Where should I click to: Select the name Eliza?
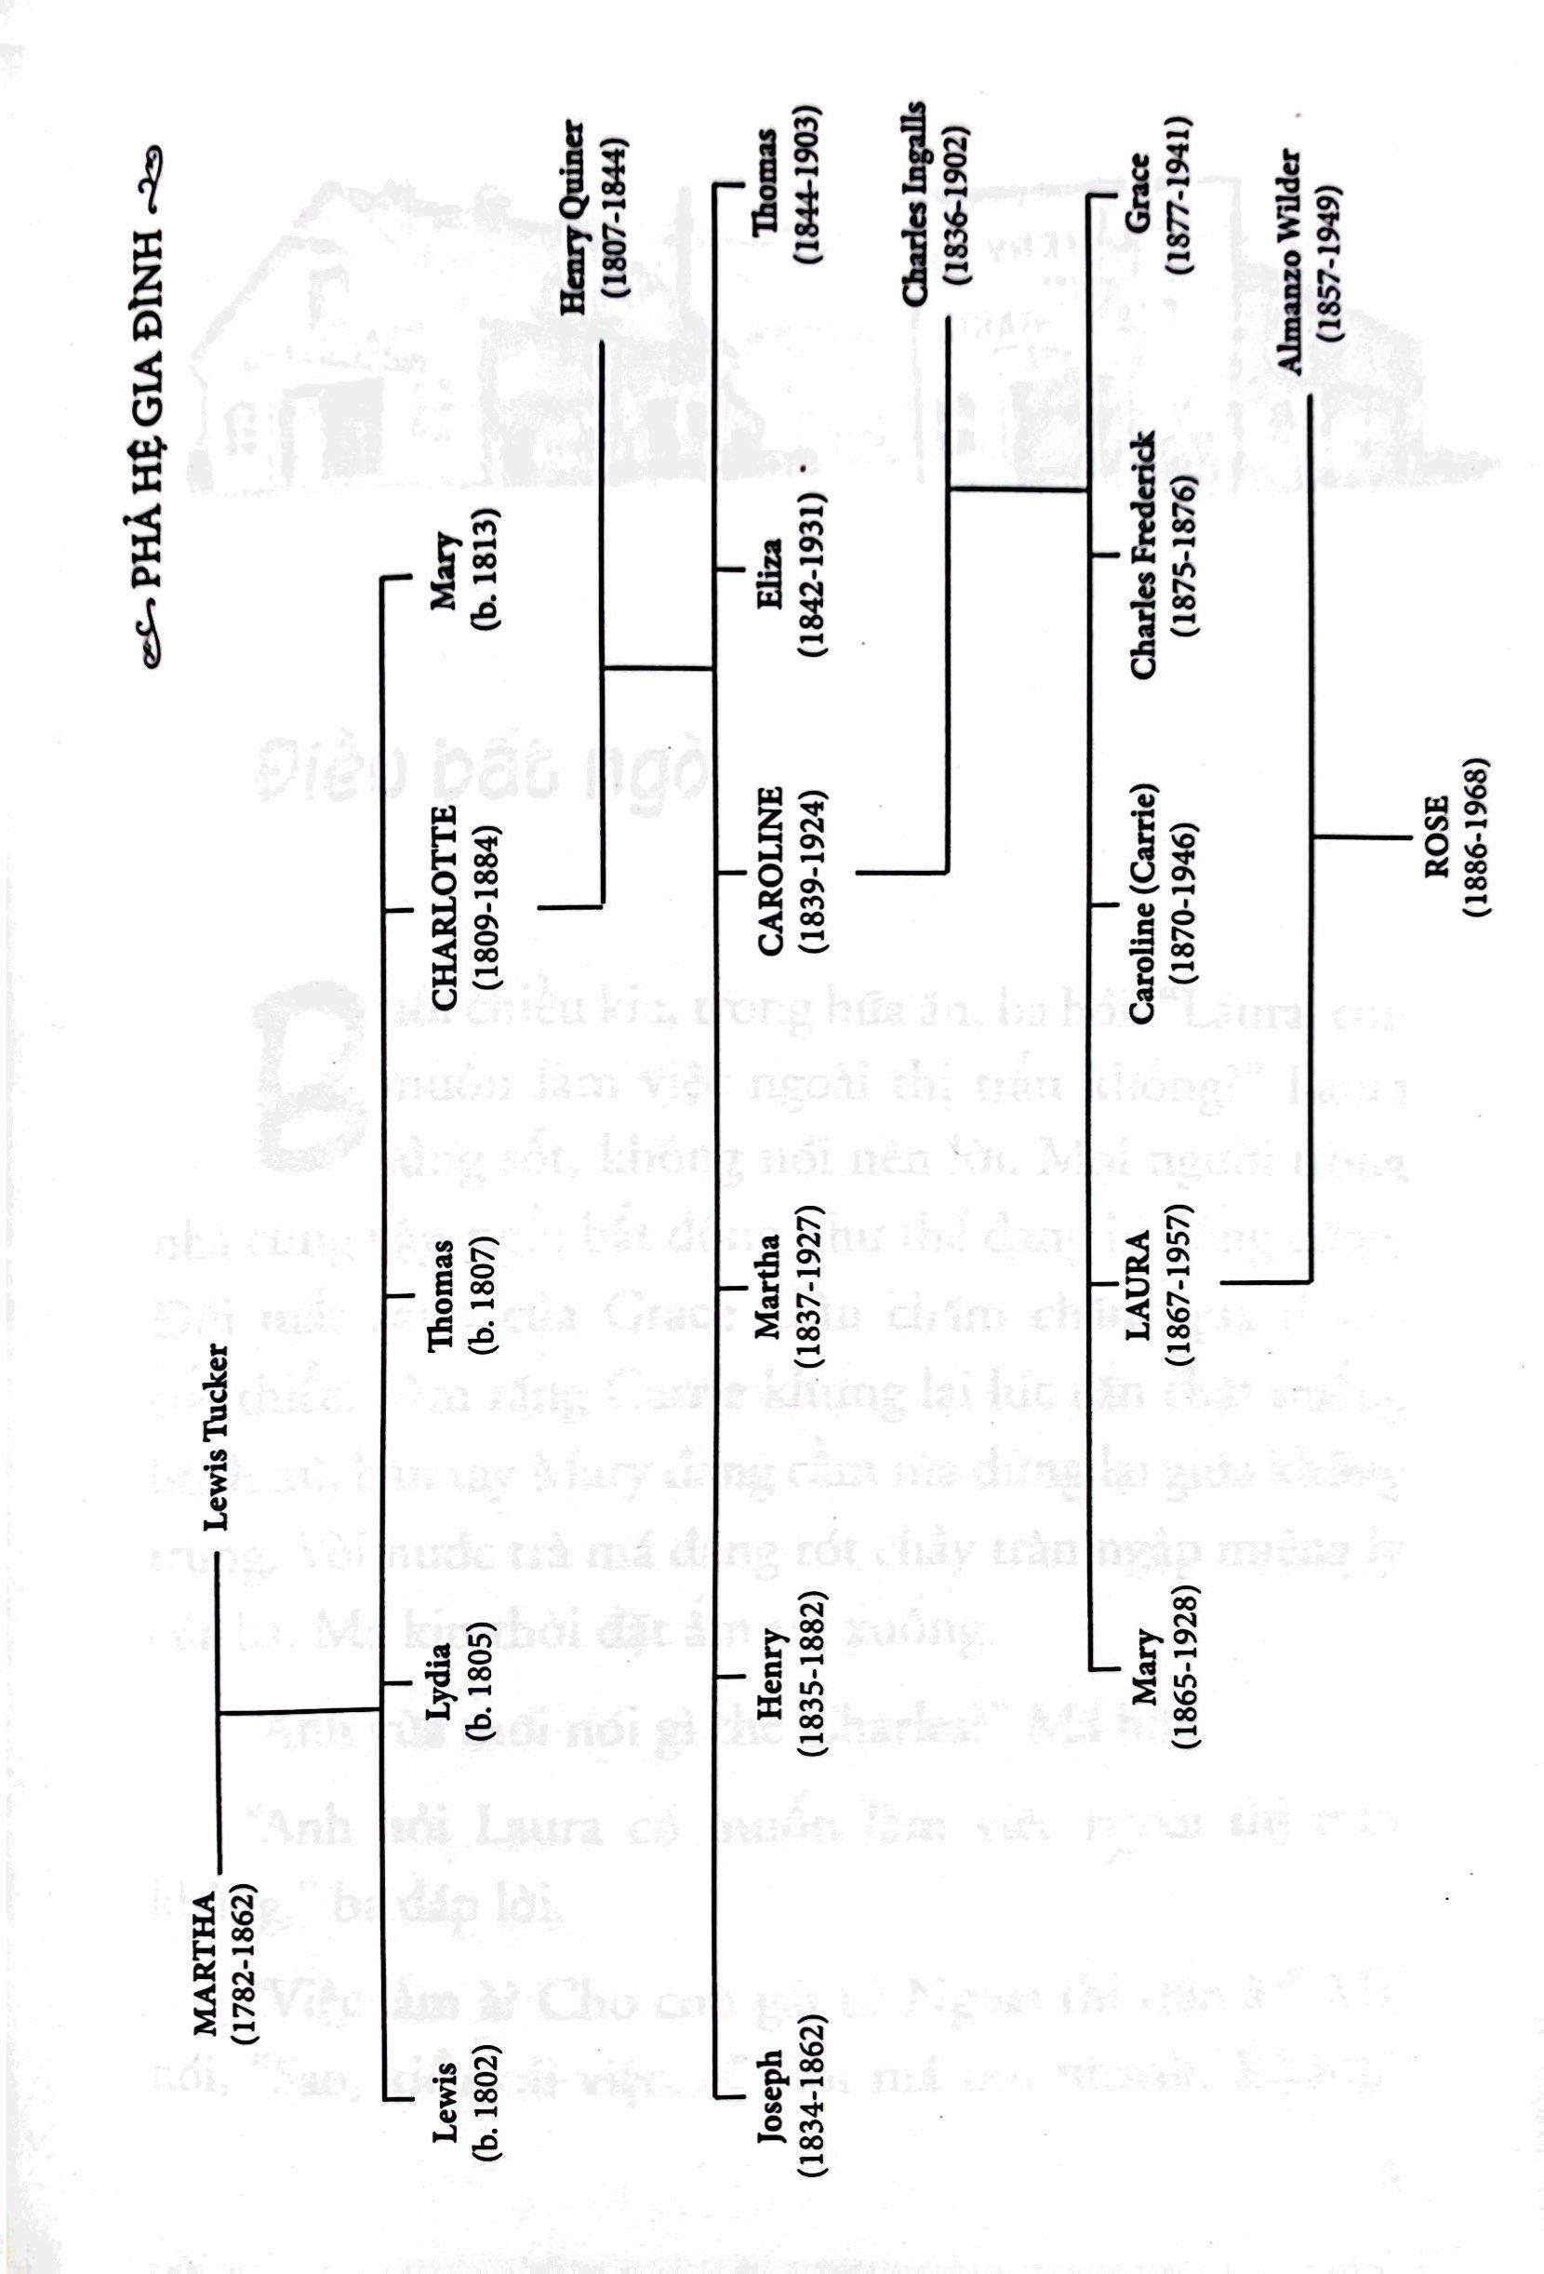pos(771,570)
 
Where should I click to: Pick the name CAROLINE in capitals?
pos(771,870)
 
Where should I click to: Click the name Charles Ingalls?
pos(917,203)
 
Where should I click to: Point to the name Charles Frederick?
pos(1142,554)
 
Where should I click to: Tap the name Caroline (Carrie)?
pos(1142,910)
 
